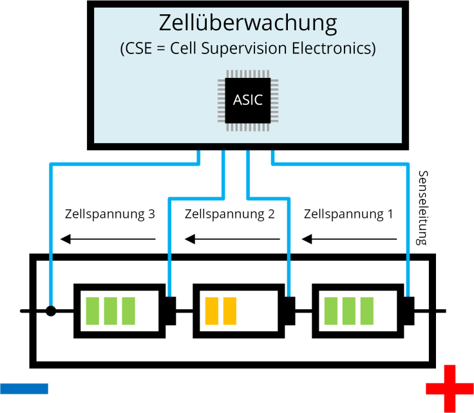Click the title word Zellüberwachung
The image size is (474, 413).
click(x=248, y=24)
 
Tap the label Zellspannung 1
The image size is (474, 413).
click(x=348, y=214)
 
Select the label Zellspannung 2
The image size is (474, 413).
click(x=229, y=214)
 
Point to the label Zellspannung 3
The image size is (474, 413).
click(x=110, y=214)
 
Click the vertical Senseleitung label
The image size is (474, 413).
click(x=423, y=208)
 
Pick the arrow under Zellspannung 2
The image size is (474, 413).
click(x=232, y=240)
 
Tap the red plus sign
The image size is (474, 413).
click(x=450, y=388)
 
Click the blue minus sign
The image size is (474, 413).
click(x=24, y=388)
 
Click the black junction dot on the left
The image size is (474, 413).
click(x=50, y=311)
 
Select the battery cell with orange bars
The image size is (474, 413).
click(x=239, y=311)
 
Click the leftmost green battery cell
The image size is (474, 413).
click(x=119, y=311)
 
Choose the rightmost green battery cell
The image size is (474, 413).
click(x=357, y=311)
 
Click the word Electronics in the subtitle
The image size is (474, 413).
click(x=339, y=49)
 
